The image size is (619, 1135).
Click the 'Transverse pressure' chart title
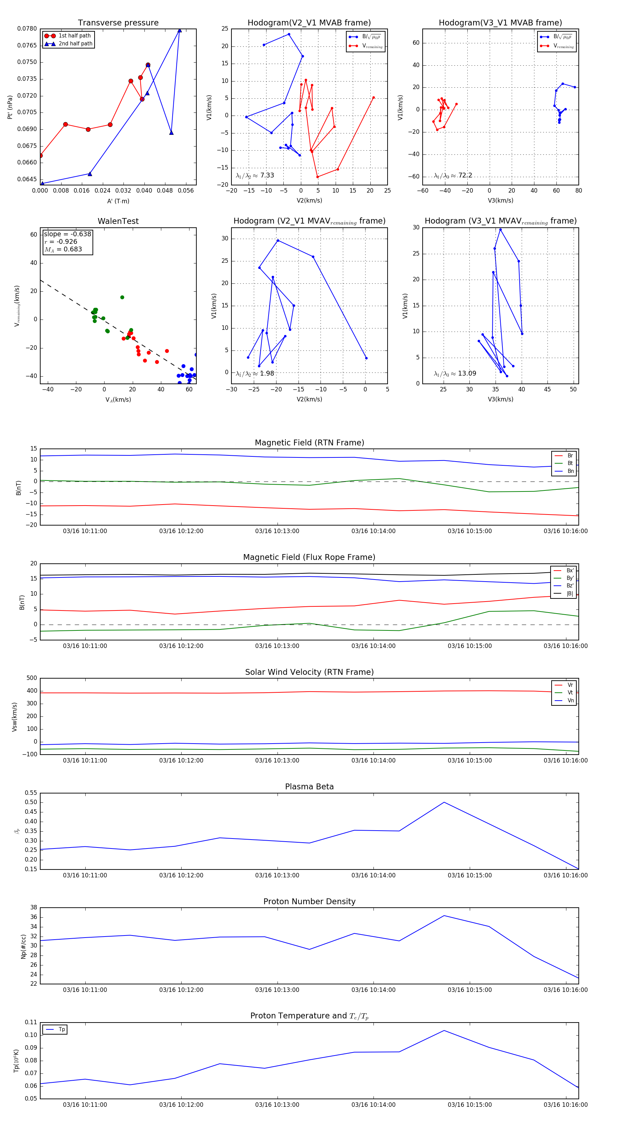coord(118,23)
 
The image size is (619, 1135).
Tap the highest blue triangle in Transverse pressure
coord(179,30)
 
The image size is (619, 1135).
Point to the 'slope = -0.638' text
coord(67,234)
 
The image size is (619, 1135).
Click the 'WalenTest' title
coord(118,221)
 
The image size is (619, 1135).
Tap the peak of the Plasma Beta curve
coord(444,802)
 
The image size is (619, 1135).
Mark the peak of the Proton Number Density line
coord(444,916)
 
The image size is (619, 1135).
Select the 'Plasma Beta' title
coord(309,787)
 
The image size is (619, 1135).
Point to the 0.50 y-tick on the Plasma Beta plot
coord(31,802)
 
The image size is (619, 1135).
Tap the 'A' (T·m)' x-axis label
coord(118,201)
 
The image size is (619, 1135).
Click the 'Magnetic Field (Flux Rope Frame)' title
coord(309,558)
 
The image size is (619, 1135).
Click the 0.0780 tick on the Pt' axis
coord(27,29)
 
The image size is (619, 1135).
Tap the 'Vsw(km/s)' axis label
coord(14,717)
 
